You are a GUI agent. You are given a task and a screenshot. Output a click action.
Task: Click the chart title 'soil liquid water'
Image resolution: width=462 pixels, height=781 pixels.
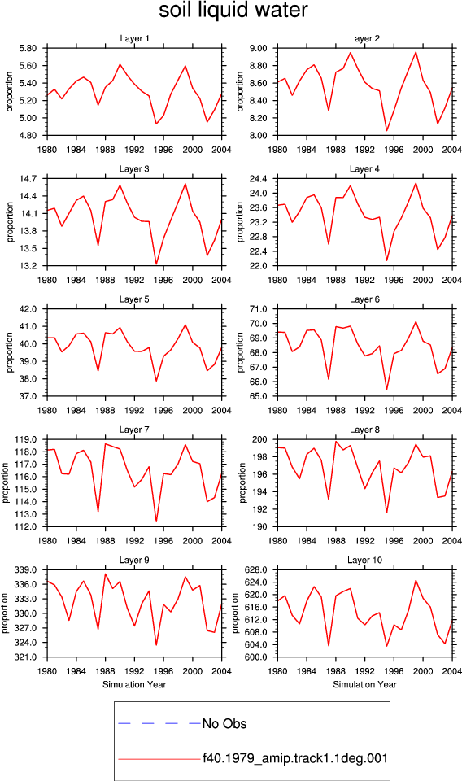click(233, 10)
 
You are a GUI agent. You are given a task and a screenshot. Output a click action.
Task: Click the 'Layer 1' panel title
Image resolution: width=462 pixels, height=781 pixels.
click(134, 38)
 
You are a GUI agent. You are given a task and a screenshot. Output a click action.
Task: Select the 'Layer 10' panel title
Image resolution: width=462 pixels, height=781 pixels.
click(364, 560)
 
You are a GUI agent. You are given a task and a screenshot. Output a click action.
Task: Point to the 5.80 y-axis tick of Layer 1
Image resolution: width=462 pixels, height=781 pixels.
click(28, 48)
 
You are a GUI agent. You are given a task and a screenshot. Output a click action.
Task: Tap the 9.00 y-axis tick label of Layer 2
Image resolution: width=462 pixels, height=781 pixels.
click(259, 48)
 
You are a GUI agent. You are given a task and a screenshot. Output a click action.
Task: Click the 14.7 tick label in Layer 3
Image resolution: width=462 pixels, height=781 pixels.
click(28, 179)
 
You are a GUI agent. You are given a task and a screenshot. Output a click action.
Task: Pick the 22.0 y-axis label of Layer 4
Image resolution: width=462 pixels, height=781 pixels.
click(259, 266)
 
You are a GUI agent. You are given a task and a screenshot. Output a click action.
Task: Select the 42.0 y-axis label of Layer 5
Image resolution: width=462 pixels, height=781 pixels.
click(28, 309)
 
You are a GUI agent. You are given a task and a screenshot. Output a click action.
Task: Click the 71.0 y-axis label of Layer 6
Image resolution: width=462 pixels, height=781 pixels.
click(259, 309)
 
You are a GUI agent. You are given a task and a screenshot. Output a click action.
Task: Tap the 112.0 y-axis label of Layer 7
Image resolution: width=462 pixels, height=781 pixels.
click(25, 526)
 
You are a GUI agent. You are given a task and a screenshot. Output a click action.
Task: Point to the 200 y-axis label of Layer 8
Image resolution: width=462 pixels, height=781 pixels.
click(261, 440)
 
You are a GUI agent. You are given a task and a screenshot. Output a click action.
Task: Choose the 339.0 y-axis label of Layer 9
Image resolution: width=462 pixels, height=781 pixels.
click(25, 569)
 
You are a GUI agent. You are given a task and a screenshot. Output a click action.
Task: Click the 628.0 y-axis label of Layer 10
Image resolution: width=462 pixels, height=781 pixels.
click(256, 569)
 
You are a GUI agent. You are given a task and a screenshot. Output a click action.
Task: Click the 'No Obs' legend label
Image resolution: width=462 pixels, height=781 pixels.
click(224, 724)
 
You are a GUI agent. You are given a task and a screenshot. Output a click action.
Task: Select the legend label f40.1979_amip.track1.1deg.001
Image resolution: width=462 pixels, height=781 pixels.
click(294, 758)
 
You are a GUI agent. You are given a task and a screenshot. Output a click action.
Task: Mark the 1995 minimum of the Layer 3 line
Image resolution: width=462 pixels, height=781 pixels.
click(156, 264)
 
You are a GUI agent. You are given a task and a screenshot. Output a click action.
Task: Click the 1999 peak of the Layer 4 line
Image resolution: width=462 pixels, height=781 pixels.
click(416, 183)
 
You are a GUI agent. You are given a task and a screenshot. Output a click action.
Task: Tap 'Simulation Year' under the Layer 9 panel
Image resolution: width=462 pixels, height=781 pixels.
click(134, 684)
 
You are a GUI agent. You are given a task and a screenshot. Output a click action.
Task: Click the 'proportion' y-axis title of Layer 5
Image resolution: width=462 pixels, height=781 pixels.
click(10, 352)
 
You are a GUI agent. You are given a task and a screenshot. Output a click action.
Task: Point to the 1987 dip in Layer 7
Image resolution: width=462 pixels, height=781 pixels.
click(98, 512)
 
